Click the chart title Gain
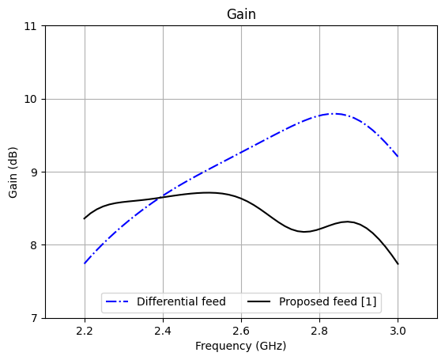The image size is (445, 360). pos(241,14)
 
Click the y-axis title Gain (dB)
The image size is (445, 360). pos(13,172)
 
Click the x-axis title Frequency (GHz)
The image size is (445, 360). pos(241,346)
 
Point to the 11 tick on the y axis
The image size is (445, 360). pos(32,26)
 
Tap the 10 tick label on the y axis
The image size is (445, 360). pos(32,99)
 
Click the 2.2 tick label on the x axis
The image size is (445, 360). pos(85,330)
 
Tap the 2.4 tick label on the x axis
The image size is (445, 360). pos(163,330)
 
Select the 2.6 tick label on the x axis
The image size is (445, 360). pos(241,330)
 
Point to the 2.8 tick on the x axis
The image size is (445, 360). pos(319,330)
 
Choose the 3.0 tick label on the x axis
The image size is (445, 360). pos(398,330)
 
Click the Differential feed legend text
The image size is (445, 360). pos(181,301)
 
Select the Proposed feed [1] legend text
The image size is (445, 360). pos(328,301)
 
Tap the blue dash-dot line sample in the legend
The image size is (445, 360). pos(119,301)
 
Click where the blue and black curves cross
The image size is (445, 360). pos(161,196)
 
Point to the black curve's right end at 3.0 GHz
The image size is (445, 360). pos(398,263)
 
